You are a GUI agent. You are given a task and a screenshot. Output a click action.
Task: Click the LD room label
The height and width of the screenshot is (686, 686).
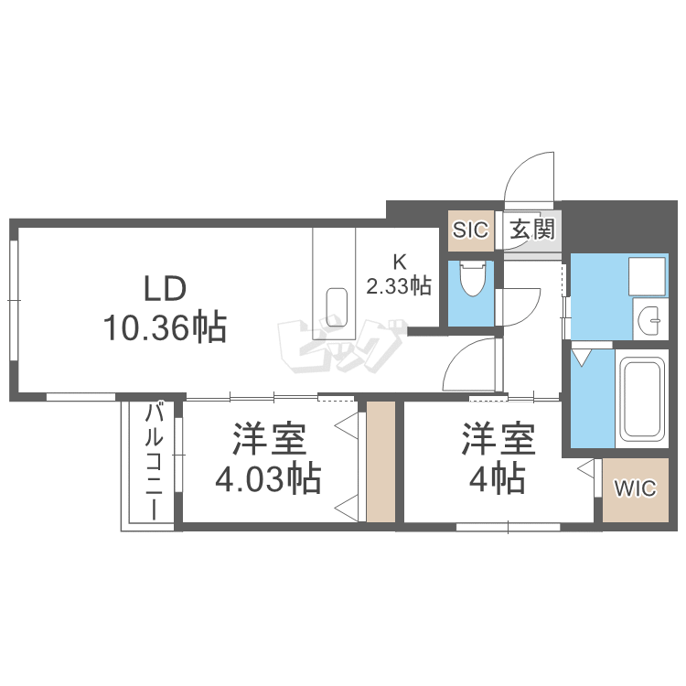point(166,289)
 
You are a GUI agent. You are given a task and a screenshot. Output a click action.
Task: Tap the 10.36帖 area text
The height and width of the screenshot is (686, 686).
point(166,327)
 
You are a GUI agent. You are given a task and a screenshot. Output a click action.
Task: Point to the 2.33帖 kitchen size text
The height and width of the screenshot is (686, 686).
point(399,286)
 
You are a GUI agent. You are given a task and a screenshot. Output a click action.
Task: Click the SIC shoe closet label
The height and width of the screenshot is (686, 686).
point(470,229)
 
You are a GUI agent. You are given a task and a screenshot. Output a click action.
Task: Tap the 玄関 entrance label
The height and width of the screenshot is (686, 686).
point(531,229)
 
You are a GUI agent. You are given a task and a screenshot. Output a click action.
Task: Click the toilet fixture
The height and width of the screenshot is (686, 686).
point(472,279)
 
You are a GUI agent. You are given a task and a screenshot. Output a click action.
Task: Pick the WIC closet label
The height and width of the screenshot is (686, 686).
point(634,488)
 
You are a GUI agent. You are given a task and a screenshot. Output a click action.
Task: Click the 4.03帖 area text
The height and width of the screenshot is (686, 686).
point(267,477)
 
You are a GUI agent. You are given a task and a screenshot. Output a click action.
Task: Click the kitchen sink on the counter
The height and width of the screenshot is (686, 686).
point(336,301)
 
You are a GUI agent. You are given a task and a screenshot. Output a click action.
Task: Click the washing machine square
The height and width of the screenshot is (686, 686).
point(648,275)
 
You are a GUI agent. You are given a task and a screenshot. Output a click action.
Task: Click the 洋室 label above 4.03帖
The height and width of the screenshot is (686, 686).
point(267,441)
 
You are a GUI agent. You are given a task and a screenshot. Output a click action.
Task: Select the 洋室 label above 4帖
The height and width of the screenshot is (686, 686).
point(498,441)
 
